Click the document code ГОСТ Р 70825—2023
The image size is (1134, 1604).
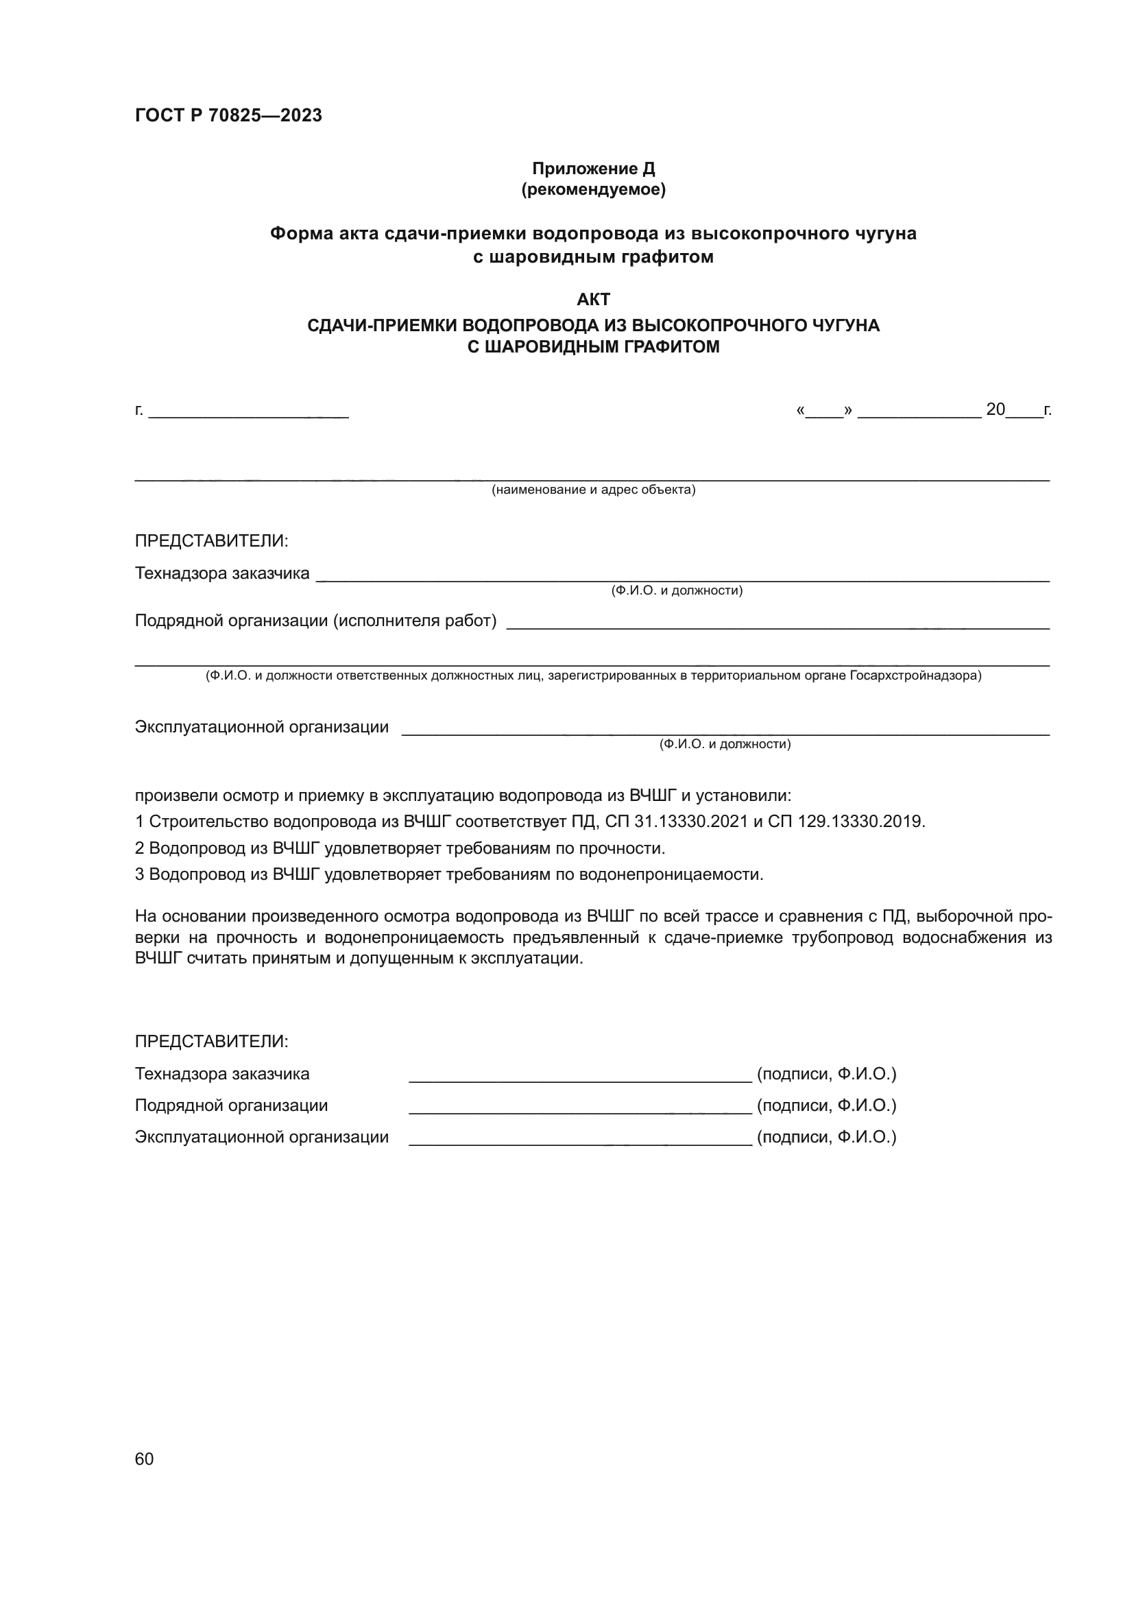(228, 115)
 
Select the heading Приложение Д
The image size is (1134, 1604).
(593, 169)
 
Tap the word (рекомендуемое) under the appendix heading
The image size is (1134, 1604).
(593, 189)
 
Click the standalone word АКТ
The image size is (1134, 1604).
(593, 300)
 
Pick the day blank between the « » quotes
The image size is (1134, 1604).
(824, 411)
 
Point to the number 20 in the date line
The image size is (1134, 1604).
(995, 409)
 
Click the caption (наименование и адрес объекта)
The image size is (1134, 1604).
(593, 490)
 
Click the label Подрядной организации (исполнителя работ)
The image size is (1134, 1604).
(315, 621)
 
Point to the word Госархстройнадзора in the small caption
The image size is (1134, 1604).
(915, 675)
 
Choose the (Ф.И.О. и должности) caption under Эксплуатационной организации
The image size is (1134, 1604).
(725, 744)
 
